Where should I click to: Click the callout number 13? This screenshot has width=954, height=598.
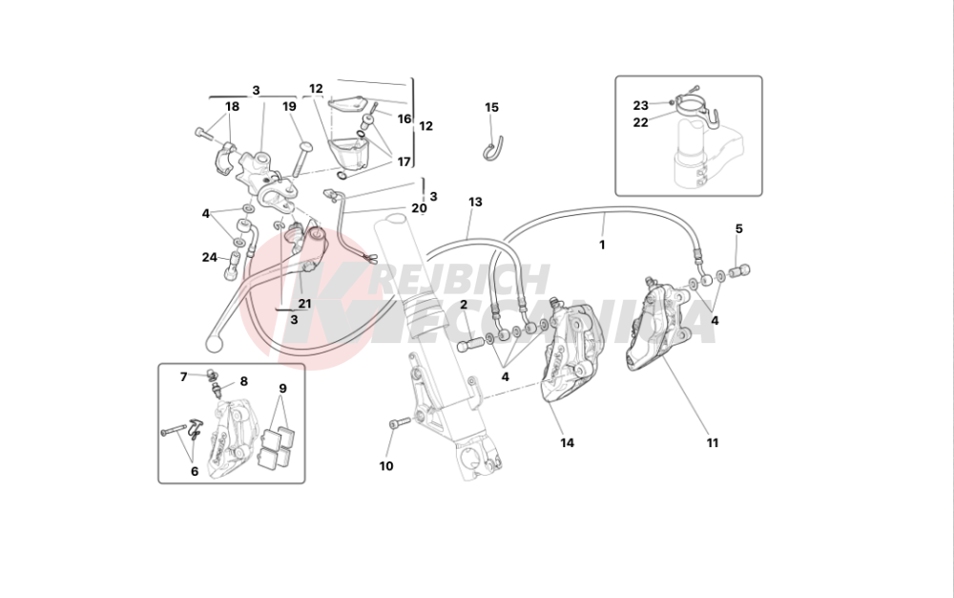(475, 202)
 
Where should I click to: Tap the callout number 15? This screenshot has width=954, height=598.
(491, 108)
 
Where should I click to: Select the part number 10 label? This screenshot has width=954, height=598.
(386, 466)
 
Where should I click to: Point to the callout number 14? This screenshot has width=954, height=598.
(567, 443)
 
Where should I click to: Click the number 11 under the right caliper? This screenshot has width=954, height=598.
(713, 443)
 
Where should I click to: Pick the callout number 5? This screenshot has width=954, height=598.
(739, 229)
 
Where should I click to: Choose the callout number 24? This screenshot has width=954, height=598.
(210, 258)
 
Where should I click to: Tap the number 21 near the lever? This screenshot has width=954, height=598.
(304, 304)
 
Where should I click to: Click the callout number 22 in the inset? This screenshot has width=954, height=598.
(641, 122)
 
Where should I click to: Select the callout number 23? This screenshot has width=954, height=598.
(641, 105)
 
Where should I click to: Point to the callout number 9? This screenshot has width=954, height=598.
(283, 389)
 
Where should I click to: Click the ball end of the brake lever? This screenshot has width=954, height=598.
(214, 344)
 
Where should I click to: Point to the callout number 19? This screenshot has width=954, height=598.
(289, 107)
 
